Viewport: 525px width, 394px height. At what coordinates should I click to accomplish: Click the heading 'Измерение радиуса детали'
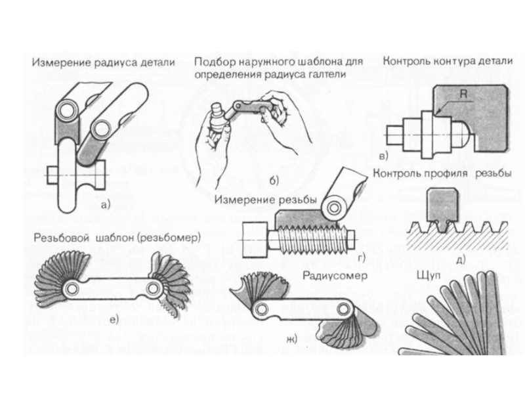coord(104,63)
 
